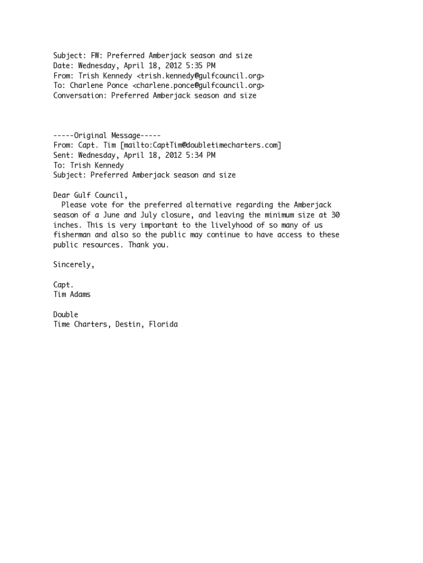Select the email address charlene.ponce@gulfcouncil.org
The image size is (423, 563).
[198, 86]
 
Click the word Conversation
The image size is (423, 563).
[80, 96]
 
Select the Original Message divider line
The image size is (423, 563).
[107, 135]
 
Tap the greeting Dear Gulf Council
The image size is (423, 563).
[90, 195]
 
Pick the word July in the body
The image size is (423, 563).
[146, 215]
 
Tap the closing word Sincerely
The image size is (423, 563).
[74, 264]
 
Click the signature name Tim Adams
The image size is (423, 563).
[72, 294]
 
